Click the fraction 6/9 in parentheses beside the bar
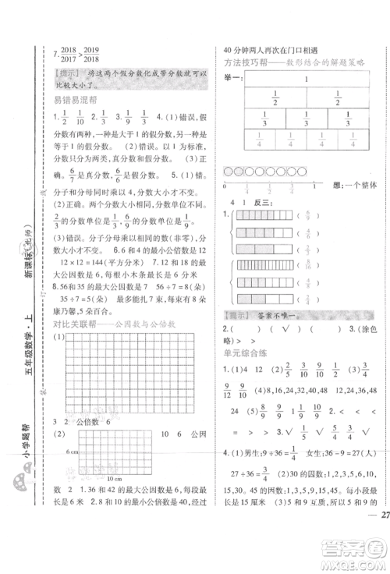point(307,214)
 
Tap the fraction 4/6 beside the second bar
point(307,232)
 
